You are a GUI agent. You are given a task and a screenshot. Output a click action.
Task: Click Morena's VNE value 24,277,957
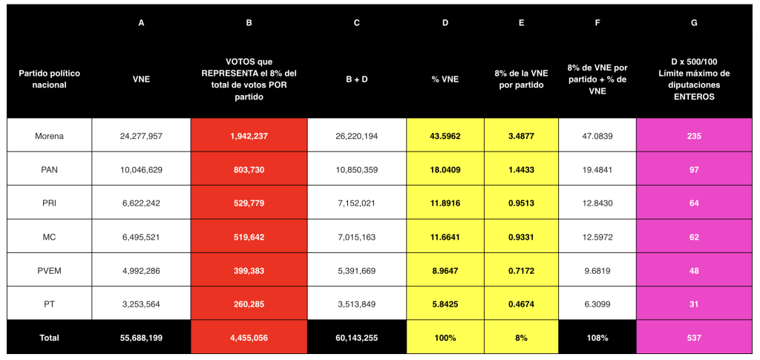point(141,136)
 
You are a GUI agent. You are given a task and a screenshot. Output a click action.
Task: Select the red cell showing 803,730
point(249,170)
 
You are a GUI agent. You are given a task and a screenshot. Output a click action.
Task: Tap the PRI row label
point(49,203)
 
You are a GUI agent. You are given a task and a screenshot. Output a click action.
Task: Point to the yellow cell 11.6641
point(445,237)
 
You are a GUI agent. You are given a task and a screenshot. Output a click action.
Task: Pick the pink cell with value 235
point(694,136)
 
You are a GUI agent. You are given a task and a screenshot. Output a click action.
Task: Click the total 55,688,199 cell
point(141,338)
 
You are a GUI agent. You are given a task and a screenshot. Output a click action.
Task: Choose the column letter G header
point(694,22)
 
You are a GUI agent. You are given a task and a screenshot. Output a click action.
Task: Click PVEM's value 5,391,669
point(357,271)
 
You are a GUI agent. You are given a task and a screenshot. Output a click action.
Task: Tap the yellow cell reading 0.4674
point(521,304)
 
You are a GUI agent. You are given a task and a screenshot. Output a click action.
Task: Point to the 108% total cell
point(597,338)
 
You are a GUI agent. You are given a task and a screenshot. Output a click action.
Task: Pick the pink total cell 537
point(694,338)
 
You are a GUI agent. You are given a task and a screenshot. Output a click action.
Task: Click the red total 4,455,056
point(249,338)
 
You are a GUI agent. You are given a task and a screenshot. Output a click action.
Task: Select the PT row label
point(49,304)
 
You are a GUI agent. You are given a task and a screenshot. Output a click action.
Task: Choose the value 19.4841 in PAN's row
point(597,170)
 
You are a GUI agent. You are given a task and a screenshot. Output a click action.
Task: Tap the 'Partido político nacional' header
point(49,79)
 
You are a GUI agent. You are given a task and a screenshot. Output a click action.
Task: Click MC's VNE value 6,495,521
point(141,237)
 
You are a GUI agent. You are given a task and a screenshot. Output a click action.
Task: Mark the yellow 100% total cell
point(445,338)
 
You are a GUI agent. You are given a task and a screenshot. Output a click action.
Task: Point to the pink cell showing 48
point(694,271)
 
